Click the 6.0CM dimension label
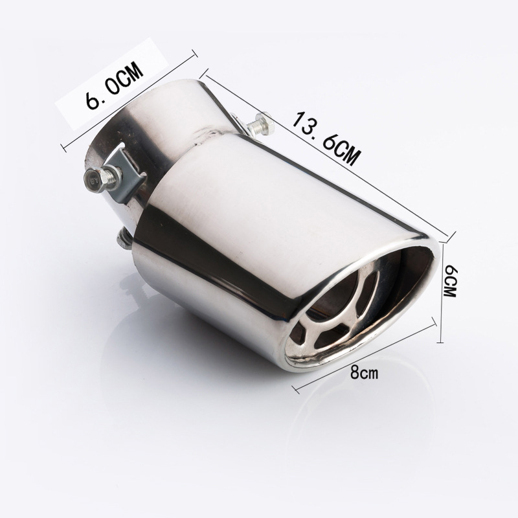tap(115, 85)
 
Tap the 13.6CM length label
tap(326, 138)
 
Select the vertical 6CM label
tap(450, 281)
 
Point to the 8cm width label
tap(364, 373)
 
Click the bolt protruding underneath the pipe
tap(124, 239)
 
